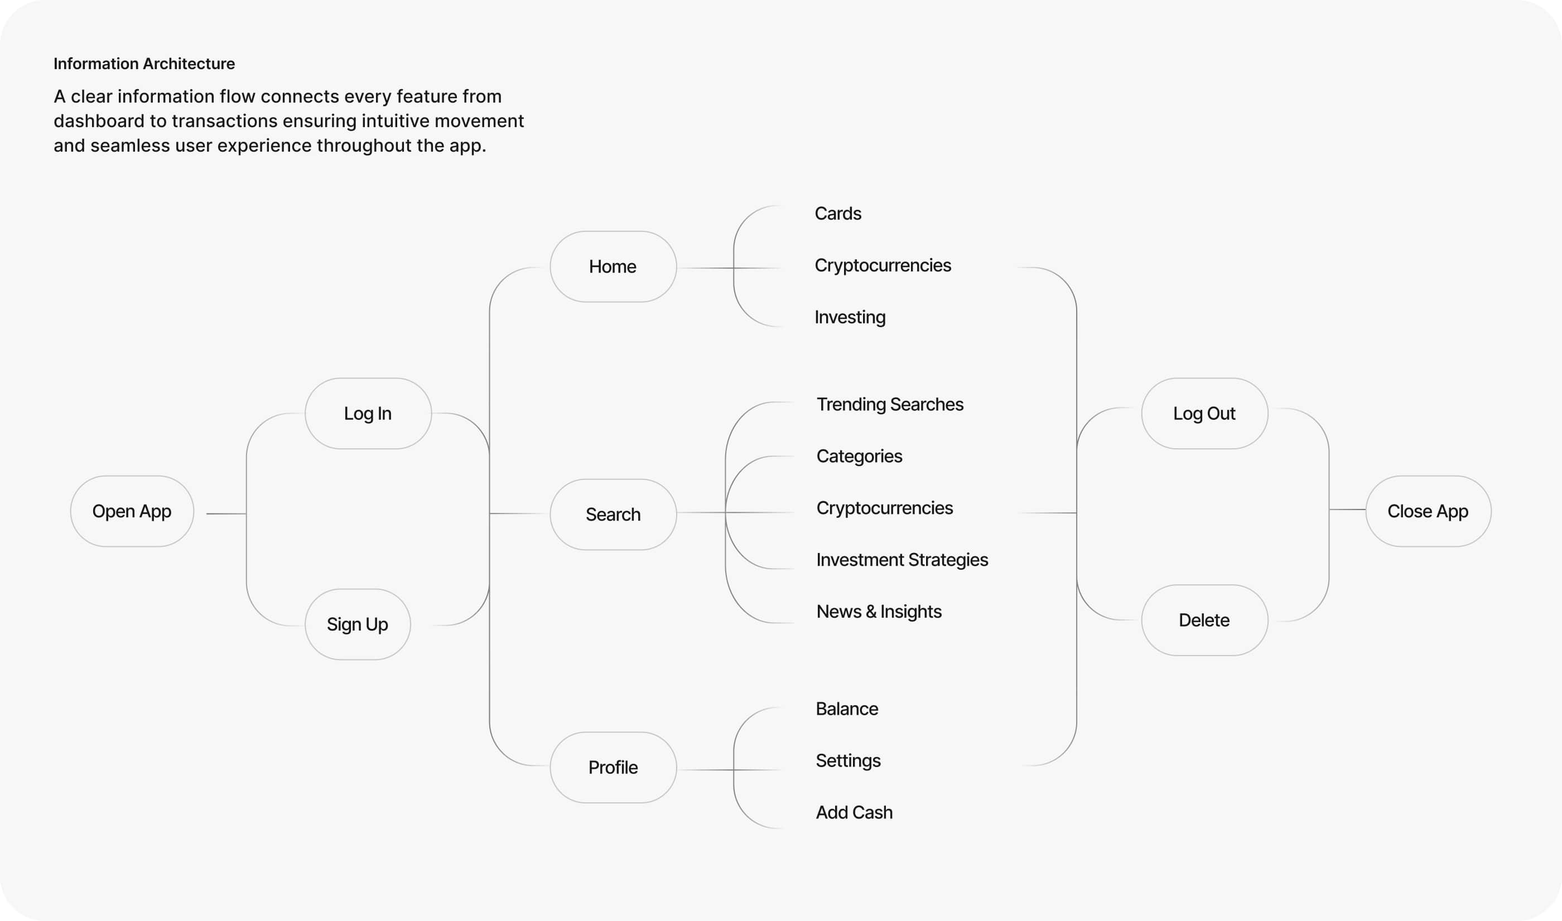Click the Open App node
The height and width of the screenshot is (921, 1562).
tap(132, 511)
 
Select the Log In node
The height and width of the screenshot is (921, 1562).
tap(368, 413)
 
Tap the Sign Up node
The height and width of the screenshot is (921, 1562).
tap(358, 624)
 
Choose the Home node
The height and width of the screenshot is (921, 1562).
tap(613, 267)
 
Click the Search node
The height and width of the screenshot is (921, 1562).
tap(613, 515)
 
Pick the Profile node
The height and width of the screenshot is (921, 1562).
tap(613, 768)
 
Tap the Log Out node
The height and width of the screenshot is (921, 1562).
tap(1204, 413)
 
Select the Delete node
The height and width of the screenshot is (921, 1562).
tap(1204, 620)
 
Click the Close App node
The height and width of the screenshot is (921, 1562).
tap(1428, 511)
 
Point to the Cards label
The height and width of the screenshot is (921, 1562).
tap(837, 214)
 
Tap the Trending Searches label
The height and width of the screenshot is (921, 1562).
tap(890, 405)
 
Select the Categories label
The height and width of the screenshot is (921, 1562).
tap(859, 456)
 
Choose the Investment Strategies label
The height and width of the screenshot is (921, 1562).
tap(902, 560)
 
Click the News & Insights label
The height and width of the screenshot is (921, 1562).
tap(879, 612)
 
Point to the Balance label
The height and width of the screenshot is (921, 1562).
tap(847, 709)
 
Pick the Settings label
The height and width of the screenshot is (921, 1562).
tap(848, 760)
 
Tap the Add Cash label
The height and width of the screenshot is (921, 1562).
tap(854, 812)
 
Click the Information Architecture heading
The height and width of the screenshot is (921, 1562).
tap(144, 64)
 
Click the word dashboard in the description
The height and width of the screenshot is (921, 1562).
tap(99, 121)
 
